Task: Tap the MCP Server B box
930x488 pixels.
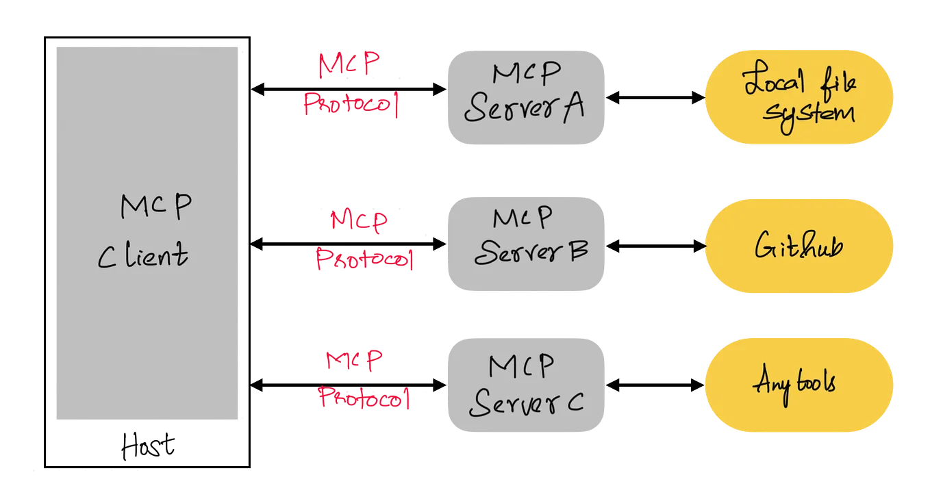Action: (x=525, y=244)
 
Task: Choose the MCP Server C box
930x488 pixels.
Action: (x=525, y=387)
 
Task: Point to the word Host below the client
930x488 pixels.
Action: (x=147, y=447)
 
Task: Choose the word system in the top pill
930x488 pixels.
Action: (x=808, y=113)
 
